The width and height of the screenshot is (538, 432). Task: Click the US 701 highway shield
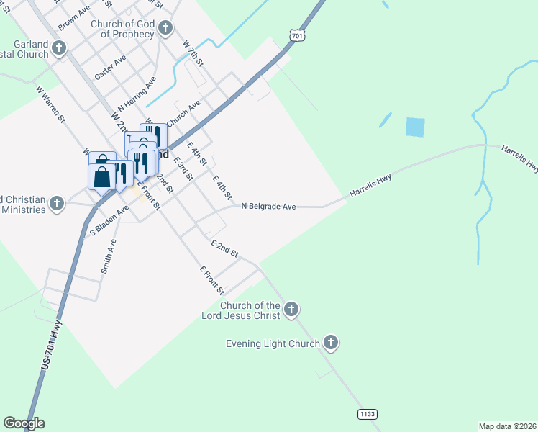click(296, 34)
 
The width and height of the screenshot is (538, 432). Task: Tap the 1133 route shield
click(367, 413)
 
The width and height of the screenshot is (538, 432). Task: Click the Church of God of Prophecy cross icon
click(165, 29)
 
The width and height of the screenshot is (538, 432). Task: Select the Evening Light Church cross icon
click(331, 343)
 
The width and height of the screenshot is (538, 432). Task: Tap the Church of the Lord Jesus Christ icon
click(291, 310)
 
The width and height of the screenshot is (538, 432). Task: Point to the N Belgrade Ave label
click(268, 207)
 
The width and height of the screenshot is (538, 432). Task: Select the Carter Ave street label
click(110, 67)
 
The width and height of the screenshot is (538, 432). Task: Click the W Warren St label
click(51, 104)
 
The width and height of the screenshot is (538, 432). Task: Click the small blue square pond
click(415, 127)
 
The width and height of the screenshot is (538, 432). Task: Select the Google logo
click(24, 423)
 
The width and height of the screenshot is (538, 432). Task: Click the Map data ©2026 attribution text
click(507, 426)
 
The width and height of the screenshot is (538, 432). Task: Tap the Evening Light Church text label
click(273, 343)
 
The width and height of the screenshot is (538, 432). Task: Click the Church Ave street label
click(183, 112)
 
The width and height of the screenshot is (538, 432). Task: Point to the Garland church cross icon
click(59, 49)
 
